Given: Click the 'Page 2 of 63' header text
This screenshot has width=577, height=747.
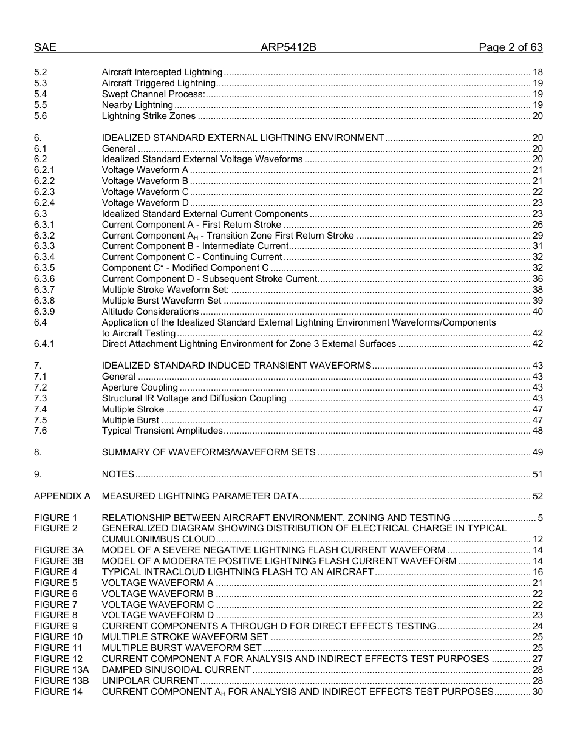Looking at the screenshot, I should [510, 47].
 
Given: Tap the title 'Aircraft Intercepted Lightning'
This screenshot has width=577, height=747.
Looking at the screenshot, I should [162, 72].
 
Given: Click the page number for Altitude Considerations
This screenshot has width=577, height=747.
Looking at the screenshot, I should [537, 312].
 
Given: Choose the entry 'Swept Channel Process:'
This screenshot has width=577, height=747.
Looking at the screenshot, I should [153, 94].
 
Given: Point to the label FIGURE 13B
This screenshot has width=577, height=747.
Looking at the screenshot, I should [61, 681].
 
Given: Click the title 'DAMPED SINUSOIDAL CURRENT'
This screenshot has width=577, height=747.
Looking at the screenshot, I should [176, 670].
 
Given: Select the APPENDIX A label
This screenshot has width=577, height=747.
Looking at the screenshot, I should [62, 496].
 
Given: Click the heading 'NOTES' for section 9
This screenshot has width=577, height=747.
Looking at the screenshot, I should [118, 474].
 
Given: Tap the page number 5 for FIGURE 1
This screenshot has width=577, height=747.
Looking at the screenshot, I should [540, 518].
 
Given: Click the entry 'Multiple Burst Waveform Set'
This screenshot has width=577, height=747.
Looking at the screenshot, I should [162, 301].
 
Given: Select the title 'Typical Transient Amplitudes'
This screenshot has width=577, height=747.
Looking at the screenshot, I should [162, 431].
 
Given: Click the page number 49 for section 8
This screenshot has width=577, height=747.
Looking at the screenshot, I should [537, 452].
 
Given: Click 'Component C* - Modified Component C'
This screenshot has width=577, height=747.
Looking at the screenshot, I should [185, 268].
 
